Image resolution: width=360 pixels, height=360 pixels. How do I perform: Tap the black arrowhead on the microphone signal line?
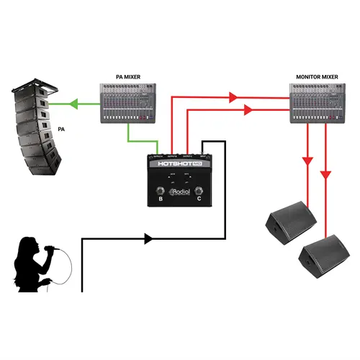(x=149, y=237)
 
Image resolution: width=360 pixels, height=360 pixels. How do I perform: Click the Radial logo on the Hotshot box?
(x=179, y=192)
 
